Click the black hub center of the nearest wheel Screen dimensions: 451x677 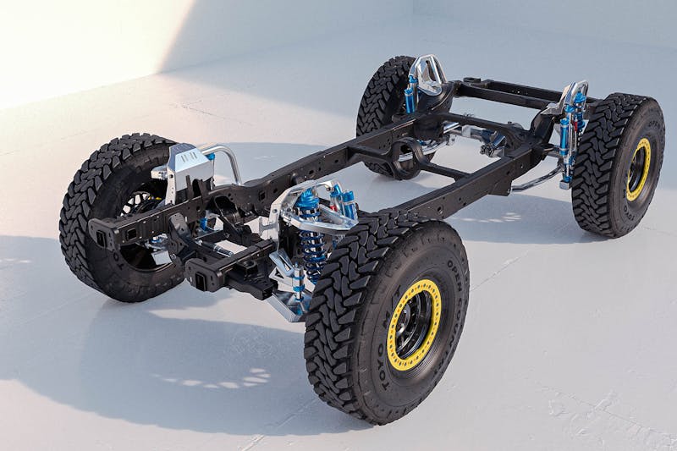tap(414, 324)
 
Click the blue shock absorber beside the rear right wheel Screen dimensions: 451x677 tap(564, 140)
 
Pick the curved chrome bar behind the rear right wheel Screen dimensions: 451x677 tap(533, 181)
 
